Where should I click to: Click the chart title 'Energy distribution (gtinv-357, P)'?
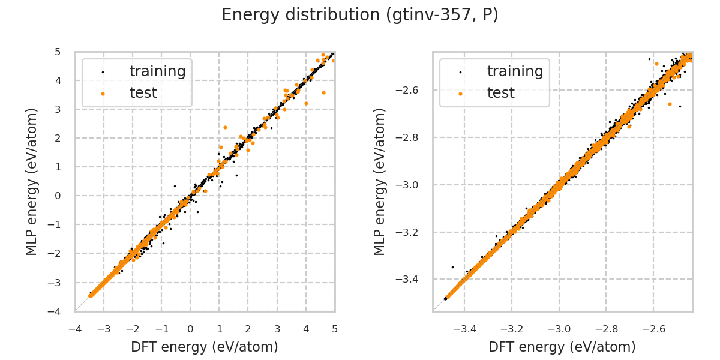click(x=360, y=16)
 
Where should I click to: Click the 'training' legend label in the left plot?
click(x=157, y=71)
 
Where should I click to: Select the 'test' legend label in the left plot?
click(x=143, y=93)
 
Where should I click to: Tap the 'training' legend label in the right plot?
click(x=515, y=71)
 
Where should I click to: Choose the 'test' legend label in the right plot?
click(x=500, y=93)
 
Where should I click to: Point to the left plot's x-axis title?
click(x=205, y=347)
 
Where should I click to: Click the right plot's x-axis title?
click(x=562, y=347)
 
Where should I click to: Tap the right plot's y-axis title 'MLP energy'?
click(x=380, y=181)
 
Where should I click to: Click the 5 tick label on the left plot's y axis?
click(x=58, y=52)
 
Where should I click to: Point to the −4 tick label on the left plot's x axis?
click(x=75, y=329)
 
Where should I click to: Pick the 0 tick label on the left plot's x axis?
click(x=190, y=329)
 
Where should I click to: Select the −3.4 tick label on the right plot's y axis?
click(x=413, y=280)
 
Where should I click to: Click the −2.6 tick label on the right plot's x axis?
click(x=653, y=329)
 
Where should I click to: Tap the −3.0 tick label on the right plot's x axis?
click(x=559, y=329)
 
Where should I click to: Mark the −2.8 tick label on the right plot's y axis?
click(x=413, y=137)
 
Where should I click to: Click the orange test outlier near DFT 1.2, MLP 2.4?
click(x=225, y=127)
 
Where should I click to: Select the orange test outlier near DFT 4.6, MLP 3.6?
click(x=323, y=92)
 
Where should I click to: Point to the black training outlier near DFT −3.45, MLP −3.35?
click(x=452, y=267)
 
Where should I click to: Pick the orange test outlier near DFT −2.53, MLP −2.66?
click(x=670, y=104)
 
